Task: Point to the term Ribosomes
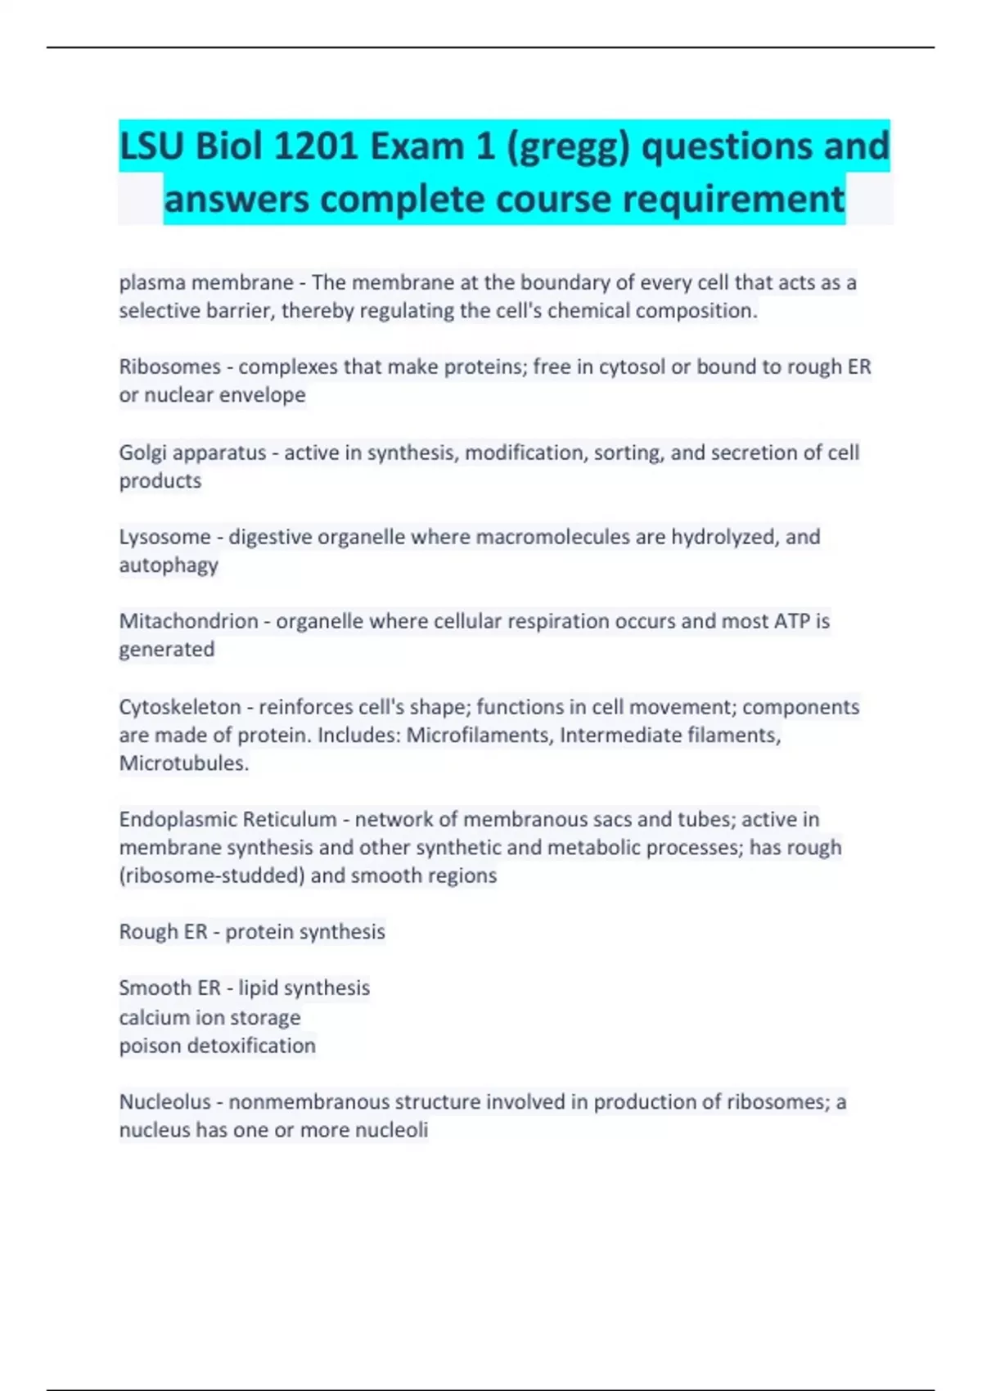169,367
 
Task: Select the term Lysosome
164,538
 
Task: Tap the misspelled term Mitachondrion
188,621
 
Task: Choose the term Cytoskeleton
180,707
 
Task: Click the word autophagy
169,565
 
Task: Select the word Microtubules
183,763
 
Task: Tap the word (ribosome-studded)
212,876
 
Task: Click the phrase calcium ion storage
209,1018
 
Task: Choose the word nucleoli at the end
394,1130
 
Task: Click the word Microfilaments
480,735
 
